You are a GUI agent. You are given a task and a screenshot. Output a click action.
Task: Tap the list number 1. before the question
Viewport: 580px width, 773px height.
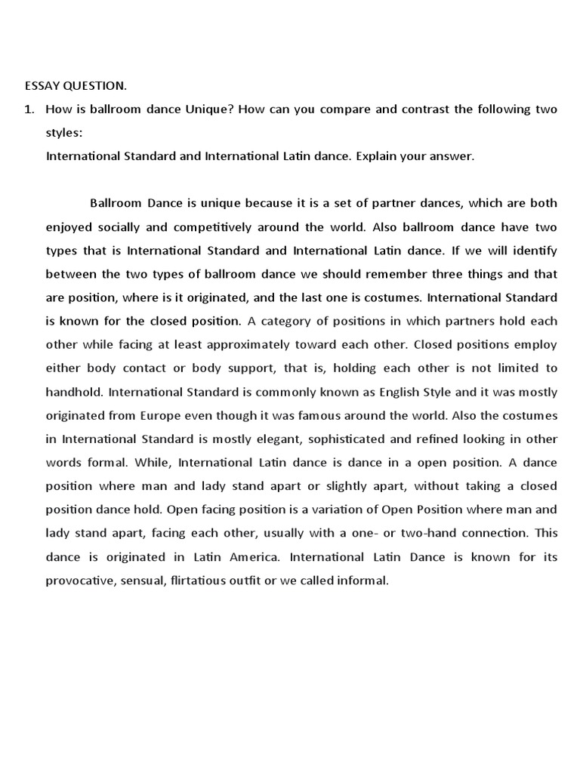click(x=29, y=109)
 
